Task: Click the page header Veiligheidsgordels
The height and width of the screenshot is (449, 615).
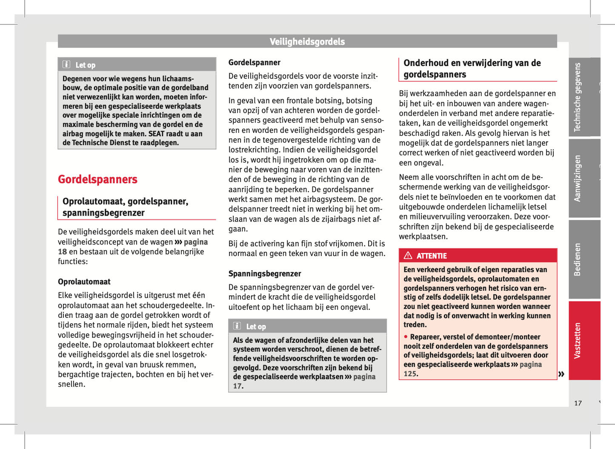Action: click(307, 42)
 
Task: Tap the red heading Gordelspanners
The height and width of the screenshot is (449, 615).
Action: click(97, 179)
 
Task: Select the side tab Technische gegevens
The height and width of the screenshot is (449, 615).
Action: click(578, 97)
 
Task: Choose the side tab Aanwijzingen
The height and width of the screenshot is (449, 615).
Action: click(578, 178)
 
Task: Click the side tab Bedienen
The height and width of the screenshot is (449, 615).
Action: click(578, 259)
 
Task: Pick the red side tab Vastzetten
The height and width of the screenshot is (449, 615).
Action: click(578, 340)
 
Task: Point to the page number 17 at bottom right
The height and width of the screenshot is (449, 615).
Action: click(578, 403)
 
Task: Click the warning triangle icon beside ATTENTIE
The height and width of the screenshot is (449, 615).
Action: click(408, 256)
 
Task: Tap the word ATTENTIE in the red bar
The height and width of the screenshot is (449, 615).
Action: click(432, 256)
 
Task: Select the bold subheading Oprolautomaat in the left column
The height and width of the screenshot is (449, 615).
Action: click(84, 282)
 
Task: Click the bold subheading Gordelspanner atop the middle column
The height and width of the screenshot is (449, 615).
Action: click(255, 63)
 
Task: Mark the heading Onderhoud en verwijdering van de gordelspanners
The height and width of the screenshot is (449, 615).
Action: click(472, 69)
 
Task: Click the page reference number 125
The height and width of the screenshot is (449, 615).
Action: click(410, 374)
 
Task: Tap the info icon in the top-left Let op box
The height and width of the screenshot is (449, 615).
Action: click(66, 65)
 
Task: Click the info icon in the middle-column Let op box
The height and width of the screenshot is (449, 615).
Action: click(237, 326)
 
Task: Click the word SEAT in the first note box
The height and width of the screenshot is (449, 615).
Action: click(157, 134)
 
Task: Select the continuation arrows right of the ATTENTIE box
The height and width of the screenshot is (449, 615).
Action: click(561, 374)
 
